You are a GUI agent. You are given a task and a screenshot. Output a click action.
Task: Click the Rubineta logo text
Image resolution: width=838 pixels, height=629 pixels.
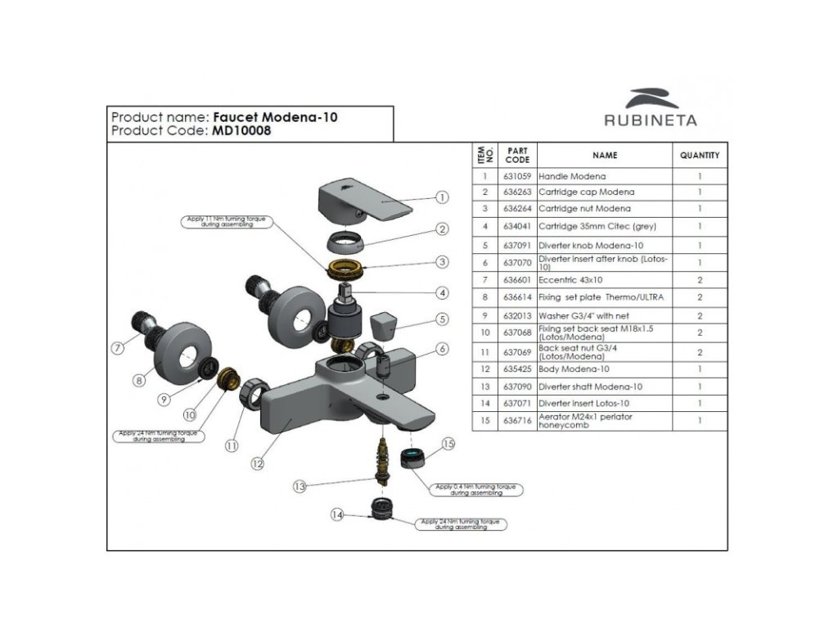(x=651, y=120)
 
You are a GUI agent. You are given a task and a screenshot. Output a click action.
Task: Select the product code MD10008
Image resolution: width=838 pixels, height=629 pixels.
(x=239, y=131)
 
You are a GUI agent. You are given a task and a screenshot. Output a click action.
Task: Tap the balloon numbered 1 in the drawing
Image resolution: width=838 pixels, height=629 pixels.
(x=442, y=197)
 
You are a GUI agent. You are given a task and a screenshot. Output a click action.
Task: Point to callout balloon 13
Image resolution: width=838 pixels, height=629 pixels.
(x=300, y=486)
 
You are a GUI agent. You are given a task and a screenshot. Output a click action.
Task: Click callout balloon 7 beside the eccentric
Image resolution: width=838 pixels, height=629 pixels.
(x=117, y=347)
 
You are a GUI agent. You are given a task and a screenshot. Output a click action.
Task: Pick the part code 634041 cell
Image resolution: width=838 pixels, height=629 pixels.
(x=517, y=227)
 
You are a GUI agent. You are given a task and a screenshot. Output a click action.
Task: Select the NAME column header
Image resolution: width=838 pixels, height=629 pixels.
(x=605, y=155)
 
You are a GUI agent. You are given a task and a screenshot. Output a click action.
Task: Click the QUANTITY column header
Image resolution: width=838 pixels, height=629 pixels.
(x=700, y=155)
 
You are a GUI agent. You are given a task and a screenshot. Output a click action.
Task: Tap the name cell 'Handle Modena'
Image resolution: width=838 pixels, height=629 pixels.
(x=572, y=176)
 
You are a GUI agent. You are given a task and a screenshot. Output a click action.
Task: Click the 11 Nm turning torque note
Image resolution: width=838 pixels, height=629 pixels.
(x=224, y=223)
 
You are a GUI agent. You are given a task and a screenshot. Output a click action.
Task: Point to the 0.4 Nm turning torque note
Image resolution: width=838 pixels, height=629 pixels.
(x=475, y=490)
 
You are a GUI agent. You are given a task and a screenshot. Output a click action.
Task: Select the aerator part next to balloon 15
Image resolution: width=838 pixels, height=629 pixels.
(x=412, y=457)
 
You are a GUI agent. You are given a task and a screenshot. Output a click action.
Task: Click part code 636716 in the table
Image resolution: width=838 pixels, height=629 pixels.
(x=517, y=421)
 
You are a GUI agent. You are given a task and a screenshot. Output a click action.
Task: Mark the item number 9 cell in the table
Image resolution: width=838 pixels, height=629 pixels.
(x=485, y=315)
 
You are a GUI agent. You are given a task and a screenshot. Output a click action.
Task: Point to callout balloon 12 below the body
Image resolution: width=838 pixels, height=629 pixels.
(x=258, y=464)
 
